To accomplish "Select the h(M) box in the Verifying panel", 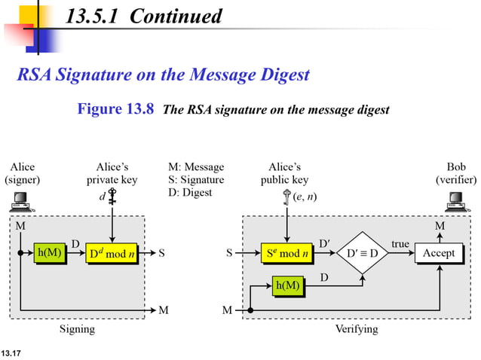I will pyautogui.click(x=288, y=287).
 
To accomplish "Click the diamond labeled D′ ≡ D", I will pyautogui.click(x=362, y=254).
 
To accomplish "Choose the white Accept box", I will pyautogui.click(x=439, y=254).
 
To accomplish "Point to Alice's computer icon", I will pyautogui.click(x=20, y=200).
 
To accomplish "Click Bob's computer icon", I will pyautogui.click(x=455, y=200).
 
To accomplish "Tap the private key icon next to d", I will pyautogui.click(x=112, y=197).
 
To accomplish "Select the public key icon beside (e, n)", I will pyautogui.click(x=286, y=197).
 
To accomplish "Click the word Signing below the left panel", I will pyautogui.click(x=77, y=329).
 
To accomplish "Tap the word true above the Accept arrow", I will pyautogui.click(x=400, y=244).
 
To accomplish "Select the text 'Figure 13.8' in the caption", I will pyautogui.click(x=116, y=109).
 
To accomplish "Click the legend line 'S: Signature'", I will pyautogui.click(x=197, y=180).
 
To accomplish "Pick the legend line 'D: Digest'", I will pyautogui.click(x=191, y=193).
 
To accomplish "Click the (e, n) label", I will pyautogui.click(x=305, y=197).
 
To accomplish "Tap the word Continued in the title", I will pyautogui.click(x=176, y=16).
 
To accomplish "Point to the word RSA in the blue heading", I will pyautogui.click(x=36, y=75).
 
